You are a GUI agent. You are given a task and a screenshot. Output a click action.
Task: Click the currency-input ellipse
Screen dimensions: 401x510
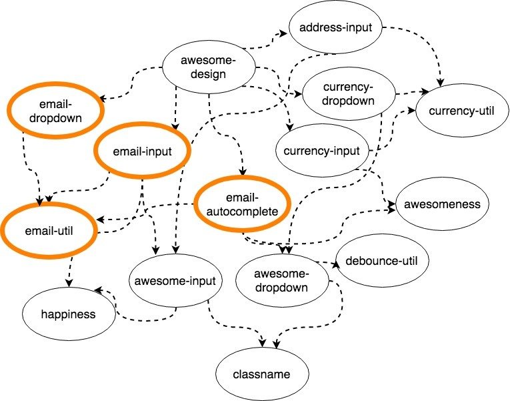pyautogui.click(x=321, y=151)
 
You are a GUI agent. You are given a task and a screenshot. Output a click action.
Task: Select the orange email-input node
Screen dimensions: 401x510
pyautogui.click(x=143, y=151)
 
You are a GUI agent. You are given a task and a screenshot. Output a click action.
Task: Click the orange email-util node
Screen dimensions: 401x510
pyautogui.click(x=51, y=231)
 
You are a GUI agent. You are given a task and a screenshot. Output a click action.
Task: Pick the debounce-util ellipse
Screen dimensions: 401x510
pyautogui.click(x=382, y=260)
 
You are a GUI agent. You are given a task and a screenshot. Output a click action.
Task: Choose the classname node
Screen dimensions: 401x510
pyautogui.click(x=263, y=374)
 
